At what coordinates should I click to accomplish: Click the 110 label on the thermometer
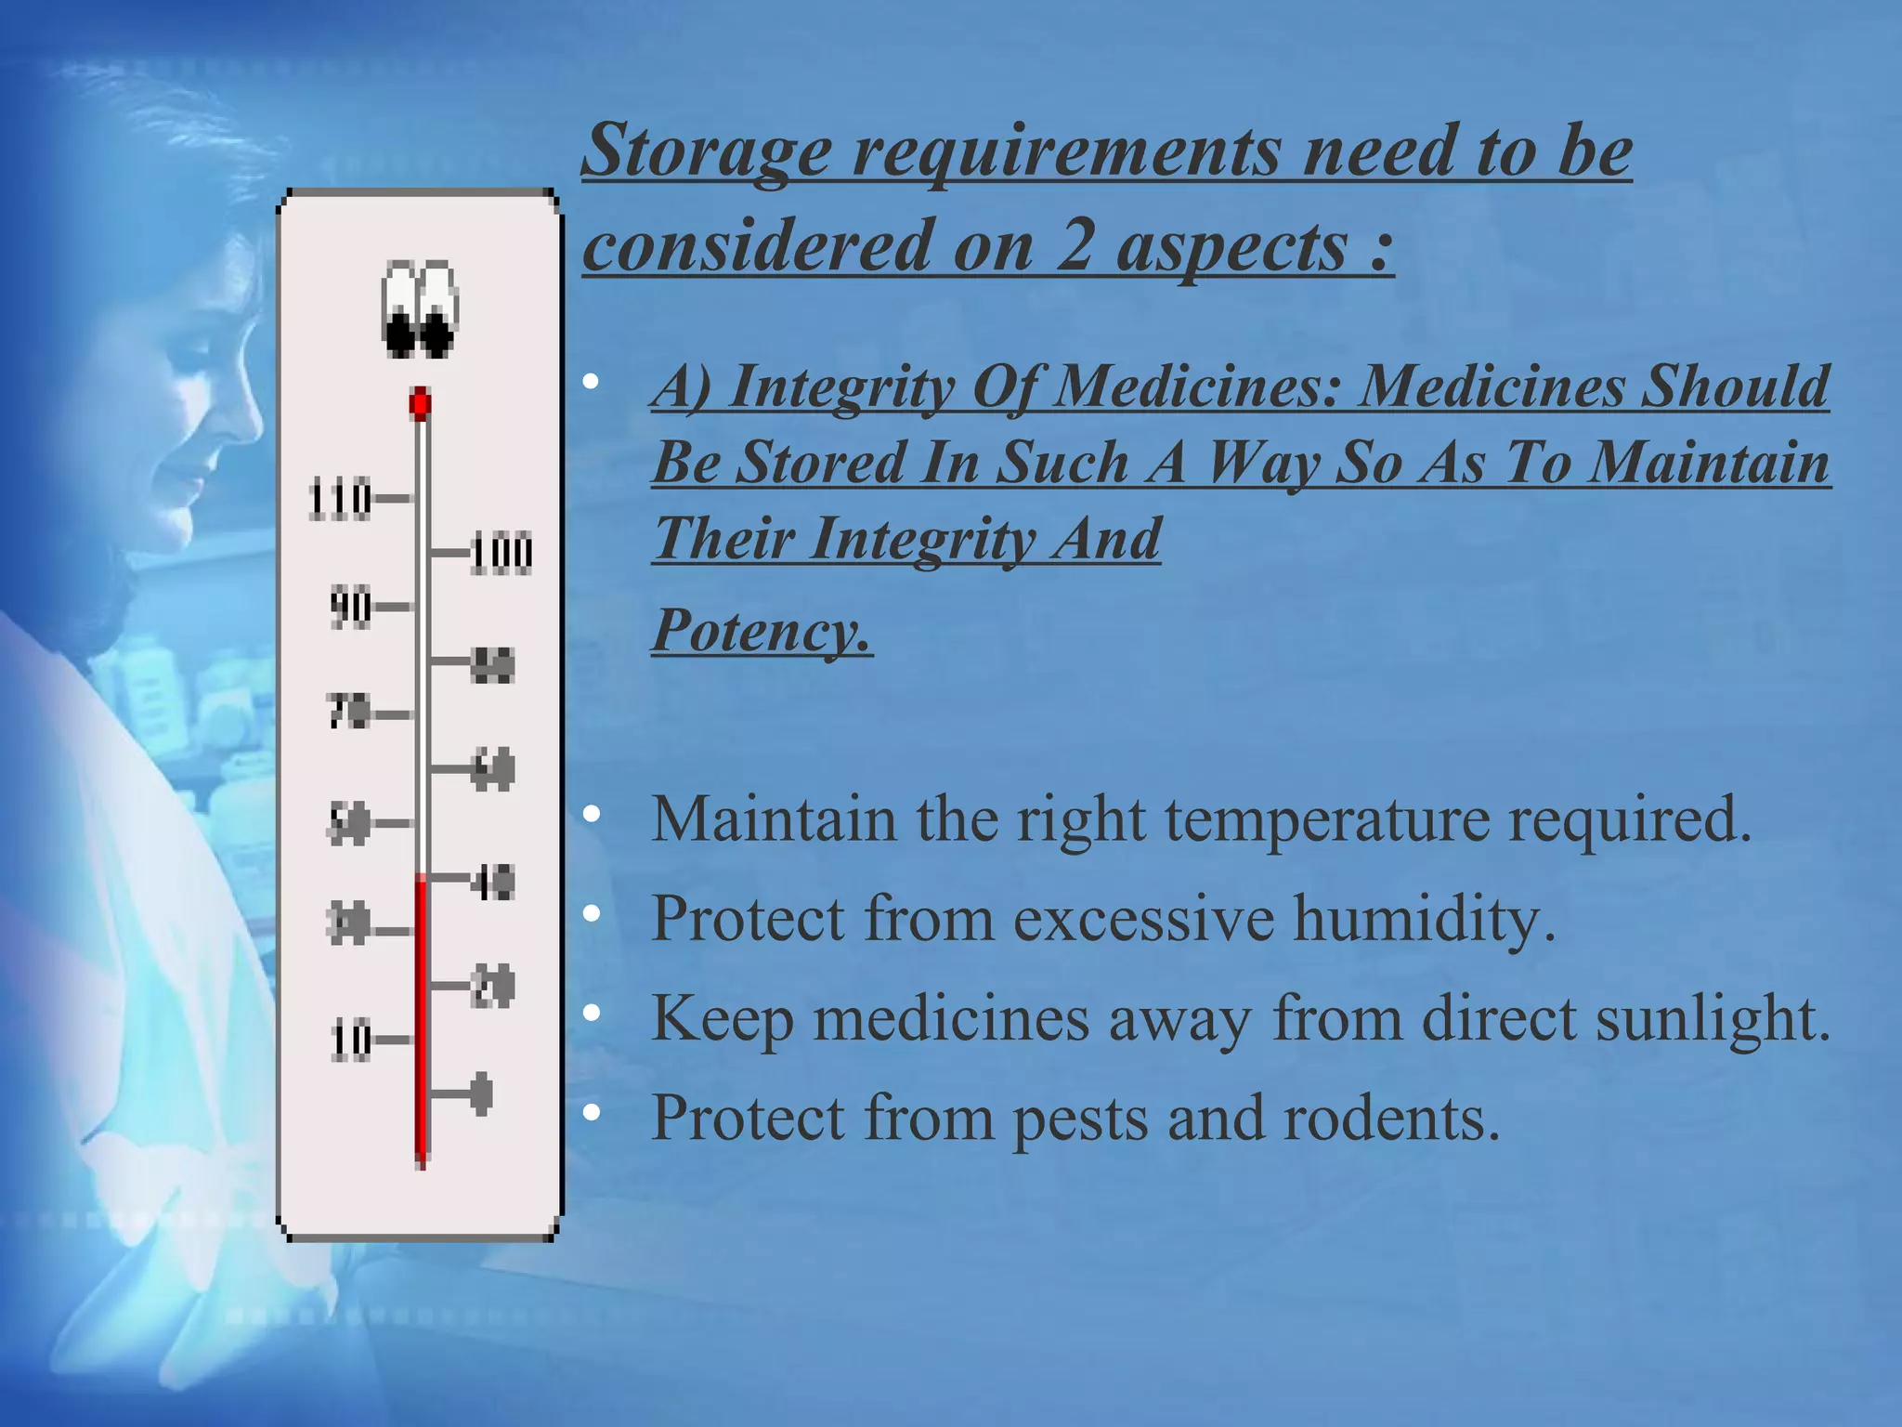[x=339, y=500]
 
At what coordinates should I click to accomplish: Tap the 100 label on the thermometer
[x=502, y=554]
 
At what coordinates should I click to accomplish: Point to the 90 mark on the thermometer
[x=350, y=608]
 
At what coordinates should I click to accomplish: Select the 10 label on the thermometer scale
[x=351, y=1041]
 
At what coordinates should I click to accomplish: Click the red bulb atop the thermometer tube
[x=421, y=404]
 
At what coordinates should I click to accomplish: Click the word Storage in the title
[x=706, y=151]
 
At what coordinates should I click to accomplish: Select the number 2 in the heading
[x=1073, y=247]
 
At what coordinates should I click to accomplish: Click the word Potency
[x=760, y=631]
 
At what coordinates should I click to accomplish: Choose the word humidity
[x=1422, y=919]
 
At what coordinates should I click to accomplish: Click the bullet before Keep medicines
[x=592, y=1013]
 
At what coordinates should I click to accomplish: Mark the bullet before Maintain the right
[x=592, y=815]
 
